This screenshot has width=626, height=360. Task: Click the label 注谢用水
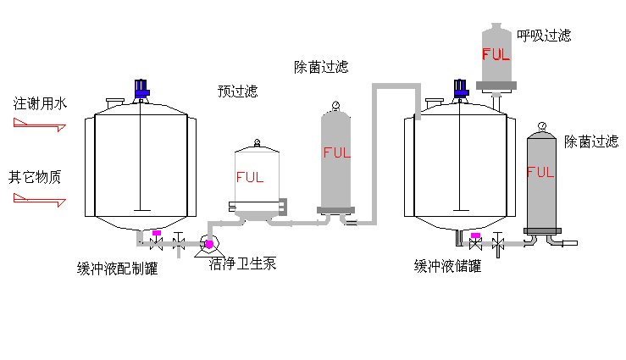tap(40, 103)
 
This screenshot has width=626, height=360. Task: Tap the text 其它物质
tap(36, 178)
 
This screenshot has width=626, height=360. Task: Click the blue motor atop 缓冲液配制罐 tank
tap(141, 87)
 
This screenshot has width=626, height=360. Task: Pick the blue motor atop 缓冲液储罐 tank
tap(460, 87)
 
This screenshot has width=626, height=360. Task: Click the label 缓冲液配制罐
tap(117, 269)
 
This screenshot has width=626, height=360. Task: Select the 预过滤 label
tap(237, 91)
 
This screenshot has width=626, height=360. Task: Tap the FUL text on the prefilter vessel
tap(250, 178)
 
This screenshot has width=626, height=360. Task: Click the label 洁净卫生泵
tap(243, 263)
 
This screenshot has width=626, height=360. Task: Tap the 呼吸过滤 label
tap(544, 36)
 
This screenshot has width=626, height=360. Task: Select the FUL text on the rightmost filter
tap(540, 172)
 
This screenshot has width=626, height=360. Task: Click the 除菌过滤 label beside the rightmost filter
tap(591, 141)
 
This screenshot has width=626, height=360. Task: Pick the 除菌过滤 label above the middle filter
tap(321, 67)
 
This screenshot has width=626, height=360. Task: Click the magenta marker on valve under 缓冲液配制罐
tap(157, 233)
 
